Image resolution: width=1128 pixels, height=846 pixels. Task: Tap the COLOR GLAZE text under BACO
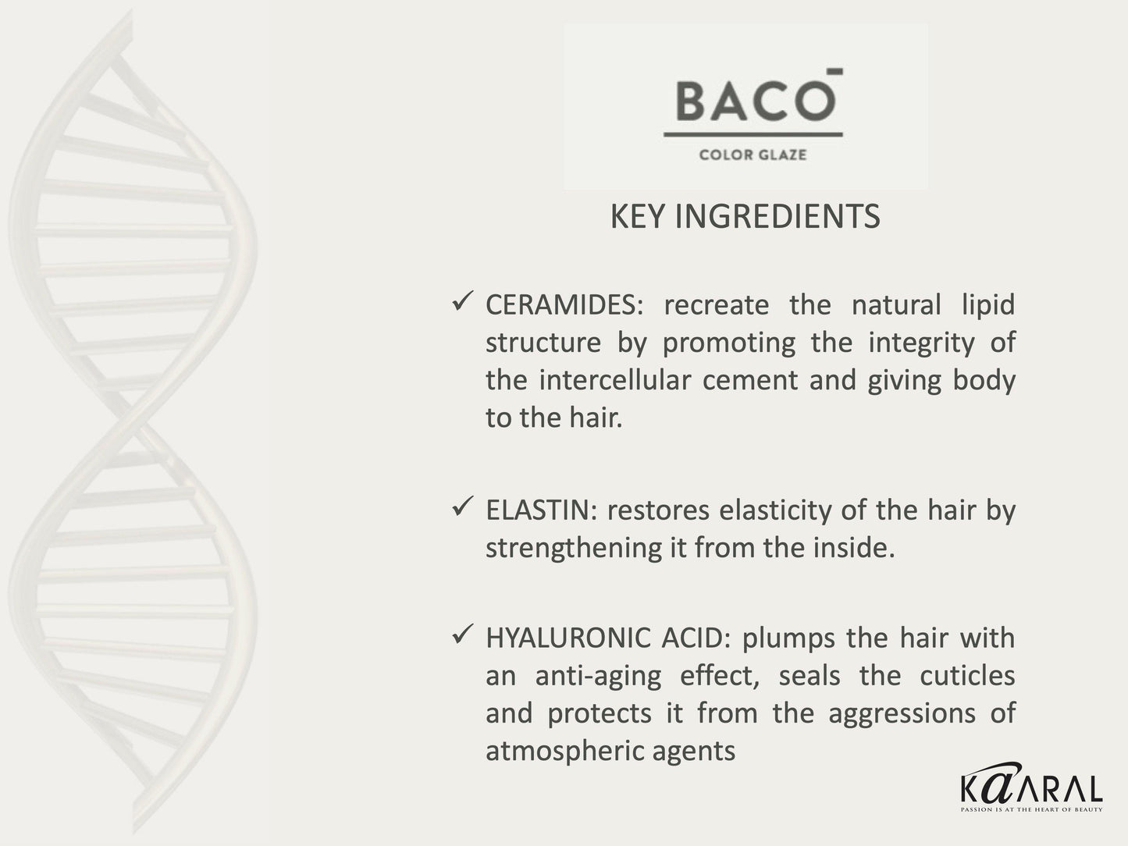point(753,155)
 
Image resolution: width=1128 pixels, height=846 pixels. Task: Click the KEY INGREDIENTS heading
point(745,217)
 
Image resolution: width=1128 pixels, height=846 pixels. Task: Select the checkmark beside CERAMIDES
point(461,300)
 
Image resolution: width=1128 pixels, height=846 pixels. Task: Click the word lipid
point(987,305)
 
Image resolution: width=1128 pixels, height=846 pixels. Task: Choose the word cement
point(751,381)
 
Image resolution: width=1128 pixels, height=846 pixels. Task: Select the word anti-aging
point(598,677)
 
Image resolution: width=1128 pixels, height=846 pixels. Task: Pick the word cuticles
point(967,675)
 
